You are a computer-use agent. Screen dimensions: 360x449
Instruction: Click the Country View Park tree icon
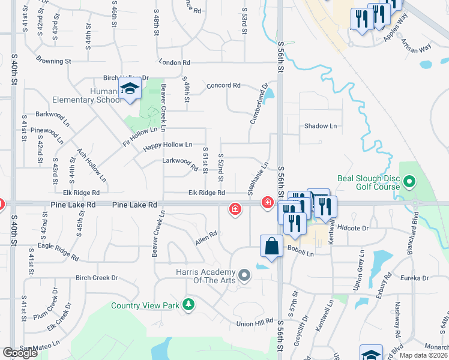(x=189, y=305)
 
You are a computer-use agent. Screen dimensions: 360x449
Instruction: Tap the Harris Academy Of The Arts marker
(x=244, y=275)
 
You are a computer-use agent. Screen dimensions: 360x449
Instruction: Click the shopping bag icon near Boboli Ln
(x=271, y=246)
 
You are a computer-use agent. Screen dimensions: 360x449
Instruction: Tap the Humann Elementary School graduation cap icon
(x=128, y=91)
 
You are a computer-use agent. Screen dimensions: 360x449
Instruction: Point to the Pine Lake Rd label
(x=73, y=205)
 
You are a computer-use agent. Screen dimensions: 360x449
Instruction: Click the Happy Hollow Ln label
(x=167, y=145)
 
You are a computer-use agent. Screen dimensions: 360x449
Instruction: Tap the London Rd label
(x=175, y=62)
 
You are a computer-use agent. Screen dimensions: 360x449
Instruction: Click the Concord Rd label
(x=223, y=86)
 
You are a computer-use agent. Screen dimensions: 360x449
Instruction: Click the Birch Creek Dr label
(x=97, y=278)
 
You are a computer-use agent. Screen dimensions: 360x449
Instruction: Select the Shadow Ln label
(x=321, y=126)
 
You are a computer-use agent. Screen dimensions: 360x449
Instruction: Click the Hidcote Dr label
(x=352, y=228)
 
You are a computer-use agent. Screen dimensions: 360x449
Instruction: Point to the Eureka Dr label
(x=415, y=278)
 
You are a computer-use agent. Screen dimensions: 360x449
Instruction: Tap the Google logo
(x=20, y=353)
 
